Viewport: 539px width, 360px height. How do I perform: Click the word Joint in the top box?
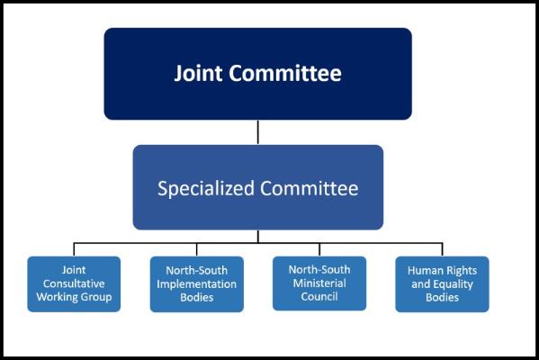(x=198, y=73)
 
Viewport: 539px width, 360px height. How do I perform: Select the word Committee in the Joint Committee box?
(x=285, y=73)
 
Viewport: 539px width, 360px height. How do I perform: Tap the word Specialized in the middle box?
(x=206, y=188)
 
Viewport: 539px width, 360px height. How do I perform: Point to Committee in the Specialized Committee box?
(x=309, y=188)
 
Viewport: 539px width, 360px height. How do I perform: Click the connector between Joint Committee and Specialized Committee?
(x=258, y=132)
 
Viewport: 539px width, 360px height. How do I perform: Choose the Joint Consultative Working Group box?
(x=74, y=284)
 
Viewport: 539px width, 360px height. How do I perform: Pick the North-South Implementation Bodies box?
(x=197, y=284)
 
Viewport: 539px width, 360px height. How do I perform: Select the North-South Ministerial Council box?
(x=319, y=283)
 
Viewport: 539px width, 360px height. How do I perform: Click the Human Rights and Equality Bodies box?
(x=442, y=284)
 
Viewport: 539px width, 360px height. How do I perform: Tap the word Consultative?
(x=74, y=283)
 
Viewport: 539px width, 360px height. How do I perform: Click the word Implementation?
(x=197, y=284)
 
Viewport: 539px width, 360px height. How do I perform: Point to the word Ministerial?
(x=319, y=283)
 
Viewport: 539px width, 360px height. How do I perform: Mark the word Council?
(x=319, y=296)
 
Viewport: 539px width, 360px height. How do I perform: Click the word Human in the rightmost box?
(x=423, y=271)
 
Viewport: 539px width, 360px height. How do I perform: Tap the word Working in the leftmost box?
(x=55, y=297)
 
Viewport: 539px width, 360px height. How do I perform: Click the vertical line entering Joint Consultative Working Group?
(x=74, y=249)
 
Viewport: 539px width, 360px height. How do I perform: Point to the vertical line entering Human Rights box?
(x=442, y=249)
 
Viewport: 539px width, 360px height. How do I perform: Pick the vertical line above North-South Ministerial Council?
(x=319, y=249)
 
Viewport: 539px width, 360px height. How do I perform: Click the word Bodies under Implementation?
(x=197, y=297)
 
